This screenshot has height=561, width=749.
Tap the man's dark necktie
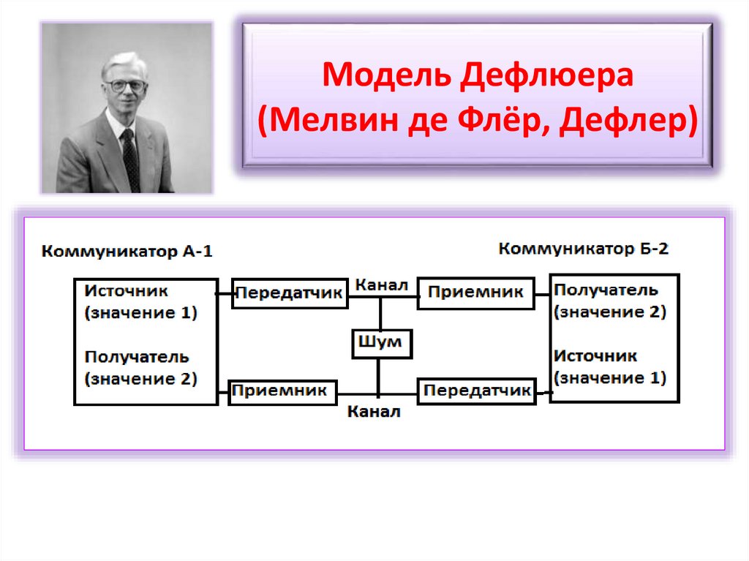(130, 158)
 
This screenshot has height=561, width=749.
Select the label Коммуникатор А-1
(127, 252)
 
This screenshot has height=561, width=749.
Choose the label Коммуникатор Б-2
(583, 249)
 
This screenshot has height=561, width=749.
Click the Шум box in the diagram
(382, 343)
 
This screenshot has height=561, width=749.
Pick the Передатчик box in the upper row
(289, 294)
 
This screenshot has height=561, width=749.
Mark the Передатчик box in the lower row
(476, 391)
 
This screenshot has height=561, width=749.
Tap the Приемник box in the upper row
(475, 293)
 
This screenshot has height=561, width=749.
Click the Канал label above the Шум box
(380, 285)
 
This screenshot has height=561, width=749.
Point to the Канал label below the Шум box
(373, 412)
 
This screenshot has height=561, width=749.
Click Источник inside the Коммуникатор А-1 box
(126, 290)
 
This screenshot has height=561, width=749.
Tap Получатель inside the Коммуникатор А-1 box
(136, 358)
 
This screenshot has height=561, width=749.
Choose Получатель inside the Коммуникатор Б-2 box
(606, 289)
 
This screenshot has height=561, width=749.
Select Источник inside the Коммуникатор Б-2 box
(595, 356)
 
